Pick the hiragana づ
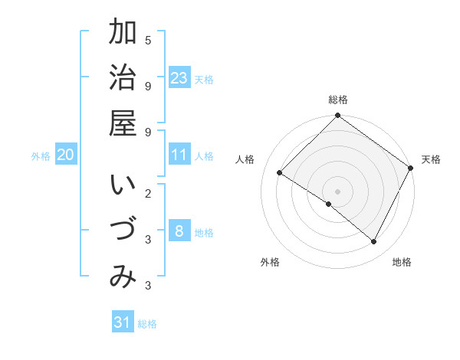(x=123, y=232)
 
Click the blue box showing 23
(x=179, y=77)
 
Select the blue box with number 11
(x=179, y=155)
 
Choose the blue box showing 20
(x=66, y=155)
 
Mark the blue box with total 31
(x=123, y=322)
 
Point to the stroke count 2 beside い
(x=148, y=194)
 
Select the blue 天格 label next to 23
(x=204, y=79)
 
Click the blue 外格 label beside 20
(x=41, y=156)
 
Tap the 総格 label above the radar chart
(x=338, y=100)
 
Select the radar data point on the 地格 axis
(x=373, y=241)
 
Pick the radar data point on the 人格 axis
(x=280, y=173)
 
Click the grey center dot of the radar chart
(x=338, y=191)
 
